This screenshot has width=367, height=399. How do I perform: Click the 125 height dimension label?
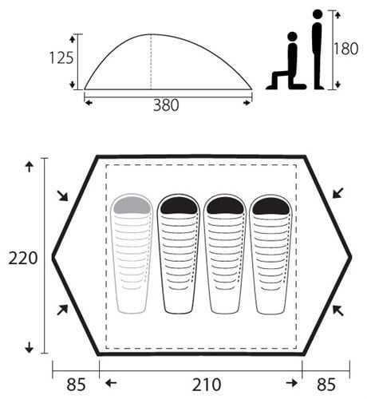pyautogui.click(x=61, y=58)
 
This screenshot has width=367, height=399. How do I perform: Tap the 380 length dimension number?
pyautogui.click(x=166, y=105)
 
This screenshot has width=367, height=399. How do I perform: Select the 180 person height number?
pyautogui.click(x=345, y=49)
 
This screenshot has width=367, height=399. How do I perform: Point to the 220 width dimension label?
pyautogui.click(x=23, y=259)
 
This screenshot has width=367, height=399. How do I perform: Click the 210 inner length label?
pyautogui.click(x=207, y=385)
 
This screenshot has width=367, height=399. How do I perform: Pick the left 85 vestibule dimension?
pyautogui.click(x=76, y=385)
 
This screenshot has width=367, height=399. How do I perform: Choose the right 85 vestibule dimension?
pyautogui.click(x=326, y=385)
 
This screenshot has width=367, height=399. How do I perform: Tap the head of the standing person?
pyautogui.click(x=318, y=14)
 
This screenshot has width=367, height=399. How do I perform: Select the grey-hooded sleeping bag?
pyautogui.click(x=132, y=253)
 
